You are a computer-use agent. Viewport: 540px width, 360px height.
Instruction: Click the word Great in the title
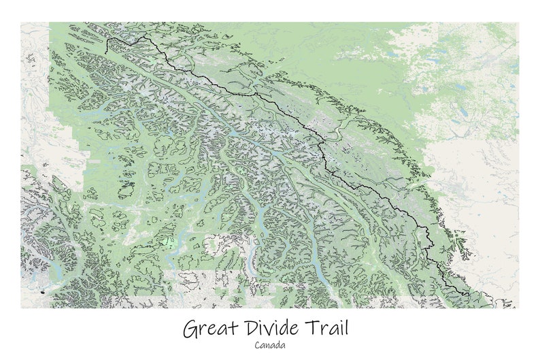[210, 329]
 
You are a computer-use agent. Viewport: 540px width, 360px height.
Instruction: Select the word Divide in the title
[272, 329]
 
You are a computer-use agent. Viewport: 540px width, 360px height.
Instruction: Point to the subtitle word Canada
[270, 345]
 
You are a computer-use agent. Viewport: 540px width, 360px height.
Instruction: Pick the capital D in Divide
[249, 329]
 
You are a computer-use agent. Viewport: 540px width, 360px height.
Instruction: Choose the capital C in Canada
[258, 345]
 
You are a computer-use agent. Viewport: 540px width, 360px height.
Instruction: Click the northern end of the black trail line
[107, 39]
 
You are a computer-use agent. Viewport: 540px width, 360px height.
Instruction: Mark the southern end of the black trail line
[469, 295]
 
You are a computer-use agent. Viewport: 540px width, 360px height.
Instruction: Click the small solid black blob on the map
[43, 292]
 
